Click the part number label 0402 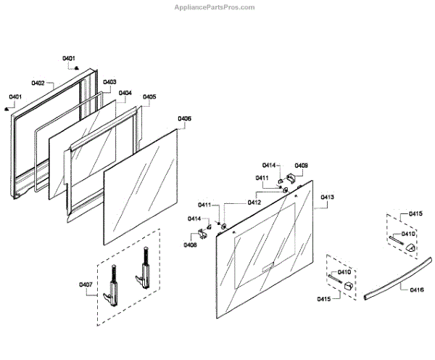38,83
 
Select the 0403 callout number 109,83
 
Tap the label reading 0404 125,93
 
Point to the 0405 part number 149,97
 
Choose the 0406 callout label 184,118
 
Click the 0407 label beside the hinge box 85,285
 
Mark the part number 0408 190,245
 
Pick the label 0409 300,165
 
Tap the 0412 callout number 254,202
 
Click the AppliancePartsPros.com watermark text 215,7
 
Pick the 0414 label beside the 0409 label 269,165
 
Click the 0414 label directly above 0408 194,218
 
